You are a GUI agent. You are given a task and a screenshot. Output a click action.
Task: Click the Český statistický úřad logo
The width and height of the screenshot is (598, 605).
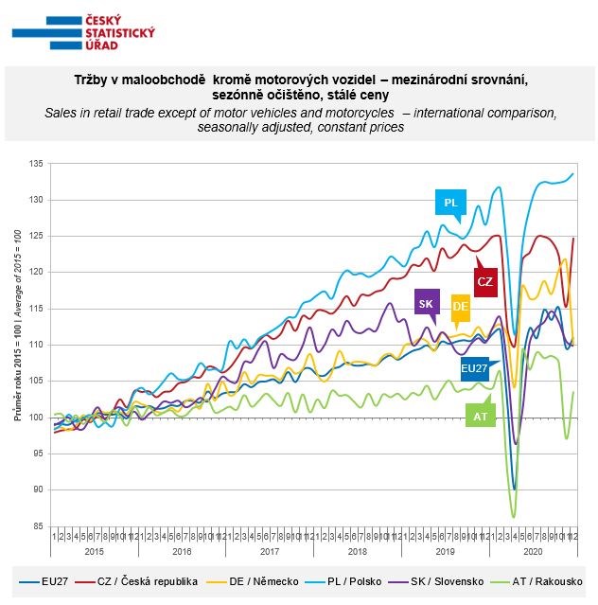[x=84, y=33]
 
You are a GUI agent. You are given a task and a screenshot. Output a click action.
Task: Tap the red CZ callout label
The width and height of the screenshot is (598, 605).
[x=485, y=281]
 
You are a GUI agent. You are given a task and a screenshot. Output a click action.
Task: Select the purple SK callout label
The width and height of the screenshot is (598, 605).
[x=427, y=302]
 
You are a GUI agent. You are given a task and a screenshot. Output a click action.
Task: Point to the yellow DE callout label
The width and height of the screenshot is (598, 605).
[x=461, y=306]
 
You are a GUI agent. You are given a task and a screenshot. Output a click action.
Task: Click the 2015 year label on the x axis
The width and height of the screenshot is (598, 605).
[x=95, y=550]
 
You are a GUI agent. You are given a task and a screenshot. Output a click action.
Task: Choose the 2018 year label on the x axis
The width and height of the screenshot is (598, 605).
[x=357, y=550]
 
